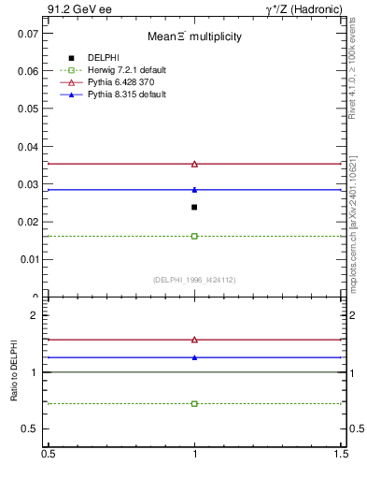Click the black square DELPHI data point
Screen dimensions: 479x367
click(194, 207)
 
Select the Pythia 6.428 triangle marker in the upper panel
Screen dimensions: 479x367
click(194, 164)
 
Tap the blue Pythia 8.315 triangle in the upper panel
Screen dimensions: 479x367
click(194, 190)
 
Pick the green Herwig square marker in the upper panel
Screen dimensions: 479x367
click(194, 236)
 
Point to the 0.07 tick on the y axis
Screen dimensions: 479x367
click(27, 33)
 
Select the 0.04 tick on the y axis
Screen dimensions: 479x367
click(27, 146)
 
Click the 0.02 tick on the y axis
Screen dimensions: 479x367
click(27, 222)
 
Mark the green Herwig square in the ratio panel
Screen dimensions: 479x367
click(194, 403)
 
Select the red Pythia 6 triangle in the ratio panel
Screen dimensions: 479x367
click(194, 340)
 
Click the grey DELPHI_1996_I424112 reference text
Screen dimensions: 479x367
click(194, 280)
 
